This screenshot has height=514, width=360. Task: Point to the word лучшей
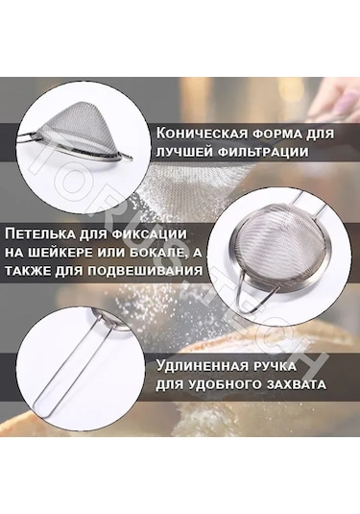click(x=184, y=153)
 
